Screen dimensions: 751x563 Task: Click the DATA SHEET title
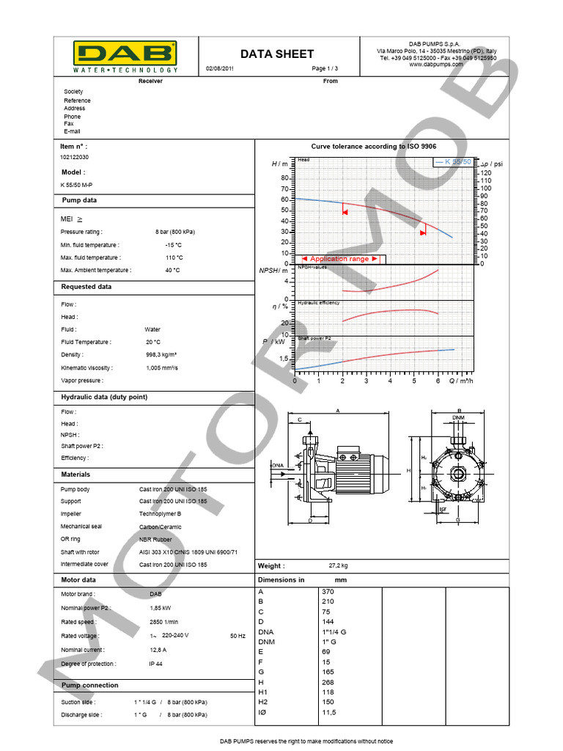[x=277, y=54]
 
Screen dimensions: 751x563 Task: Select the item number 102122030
[x=76, y=158]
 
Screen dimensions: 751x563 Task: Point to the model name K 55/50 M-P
[x=77, y=185]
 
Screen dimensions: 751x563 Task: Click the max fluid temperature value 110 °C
[x=174, y=258]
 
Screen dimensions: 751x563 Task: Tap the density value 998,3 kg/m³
[x=161, y=355]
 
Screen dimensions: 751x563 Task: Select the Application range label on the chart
[x=339, y=259]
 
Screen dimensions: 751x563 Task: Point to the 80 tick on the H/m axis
[x=286, y=177]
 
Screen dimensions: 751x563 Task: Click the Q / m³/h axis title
[x=471, y=381]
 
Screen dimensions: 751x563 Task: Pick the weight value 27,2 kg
[x=338, y=566]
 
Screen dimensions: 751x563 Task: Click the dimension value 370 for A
[x=328, y=592]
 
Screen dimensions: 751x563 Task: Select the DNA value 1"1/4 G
[x=334, y=631]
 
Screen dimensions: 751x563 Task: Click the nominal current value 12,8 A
[x=158, y=650]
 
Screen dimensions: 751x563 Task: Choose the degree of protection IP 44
[x=155, y=664]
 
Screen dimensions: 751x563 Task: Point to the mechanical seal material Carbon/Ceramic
[x=161, y=527]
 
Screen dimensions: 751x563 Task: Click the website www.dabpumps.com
[x=436, y=65]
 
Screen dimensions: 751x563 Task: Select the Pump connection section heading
[x=90, y=686]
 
